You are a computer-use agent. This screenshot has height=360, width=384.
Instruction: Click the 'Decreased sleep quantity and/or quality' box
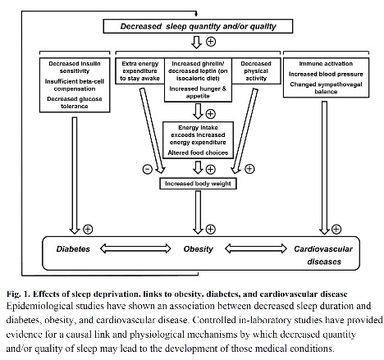click(x=198, y=26)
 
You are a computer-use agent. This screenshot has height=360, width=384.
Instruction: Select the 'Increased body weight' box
click(x=198, y=184)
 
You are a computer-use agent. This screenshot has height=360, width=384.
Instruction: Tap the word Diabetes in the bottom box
click(x=73, y=249)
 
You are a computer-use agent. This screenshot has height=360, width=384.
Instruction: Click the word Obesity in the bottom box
click(x=198, y=249)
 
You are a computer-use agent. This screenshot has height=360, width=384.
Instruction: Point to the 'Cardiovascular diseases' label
click(x=323, y=255)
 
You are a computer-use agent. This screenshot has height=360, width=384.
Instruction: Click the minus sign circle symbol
click(x=148, y=169)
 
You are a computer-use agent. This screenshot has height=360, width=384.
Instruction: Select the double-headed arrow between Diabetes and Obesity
click(x=135, y=248)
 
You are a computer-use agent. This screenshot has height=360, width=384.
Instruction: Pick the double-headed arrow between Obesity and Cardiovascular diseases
click(x=256, y=248)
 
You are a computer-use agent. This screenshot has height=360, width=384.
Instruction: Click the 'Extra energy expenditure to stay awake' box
click(x=139, y=71)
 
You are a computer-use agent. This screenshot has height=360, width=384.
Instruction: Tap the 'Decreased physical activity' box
click(x=256, y=71)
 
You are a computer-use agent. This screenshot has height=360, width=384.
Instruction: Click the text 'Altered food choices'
click(x=198, y=153)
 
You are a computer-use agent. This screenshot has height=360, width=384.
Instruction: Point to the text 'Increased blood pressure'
click(x=326, y=74)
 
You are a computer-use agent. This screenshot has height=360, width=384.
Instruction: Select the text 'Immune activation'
click(x=326, y=64)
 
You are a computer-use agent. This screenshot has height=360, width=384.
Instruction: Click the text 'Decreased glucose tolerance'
click(x=75, y=103)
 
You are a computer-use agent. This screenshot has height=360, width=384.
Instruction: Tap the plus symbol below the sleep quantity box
click(x=211, y=42)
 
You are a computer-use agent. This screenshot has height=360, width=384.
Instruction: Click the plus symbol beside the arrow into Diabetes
click(x=88, y=229)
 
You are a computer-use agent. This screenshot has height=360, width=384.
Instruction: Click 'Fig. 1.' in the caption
click(x=18, y=294)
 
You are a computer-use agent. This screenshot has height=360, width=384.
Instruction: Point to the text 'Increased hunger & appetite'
click(x=198, y=93)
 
